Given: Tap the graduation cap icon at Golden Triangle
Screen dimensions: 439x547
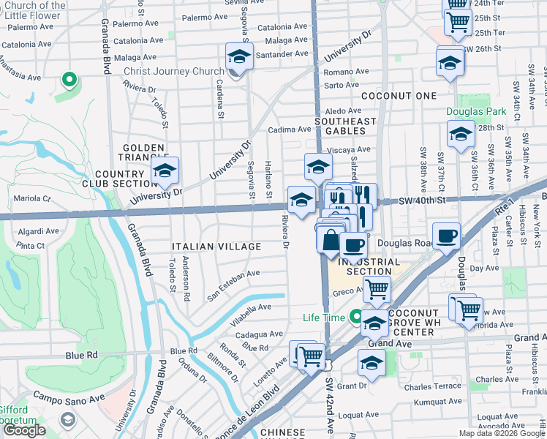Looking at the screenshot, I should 165,171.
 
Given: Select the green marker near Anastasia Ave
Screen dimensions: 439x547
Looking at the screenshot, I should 69,79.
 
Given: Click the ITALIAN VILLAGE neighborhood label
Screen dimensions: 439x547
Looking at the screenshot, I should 216,247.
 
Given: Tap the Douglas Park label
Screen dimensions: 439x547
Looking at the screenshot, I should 476,111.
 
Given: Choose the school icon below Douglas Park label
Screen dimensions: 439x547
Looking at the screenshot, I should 461,134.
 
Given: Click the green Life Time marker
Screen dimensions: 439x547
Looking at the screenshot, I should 356,318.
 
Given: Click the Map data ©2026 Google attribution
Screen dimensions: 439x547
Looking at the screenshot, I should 501,433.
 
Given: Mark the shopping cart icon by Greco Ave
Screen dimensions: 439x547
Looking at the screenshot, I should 377,288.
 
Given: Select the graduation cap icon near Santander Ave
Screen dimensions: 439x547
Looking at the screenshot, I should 239,56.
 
